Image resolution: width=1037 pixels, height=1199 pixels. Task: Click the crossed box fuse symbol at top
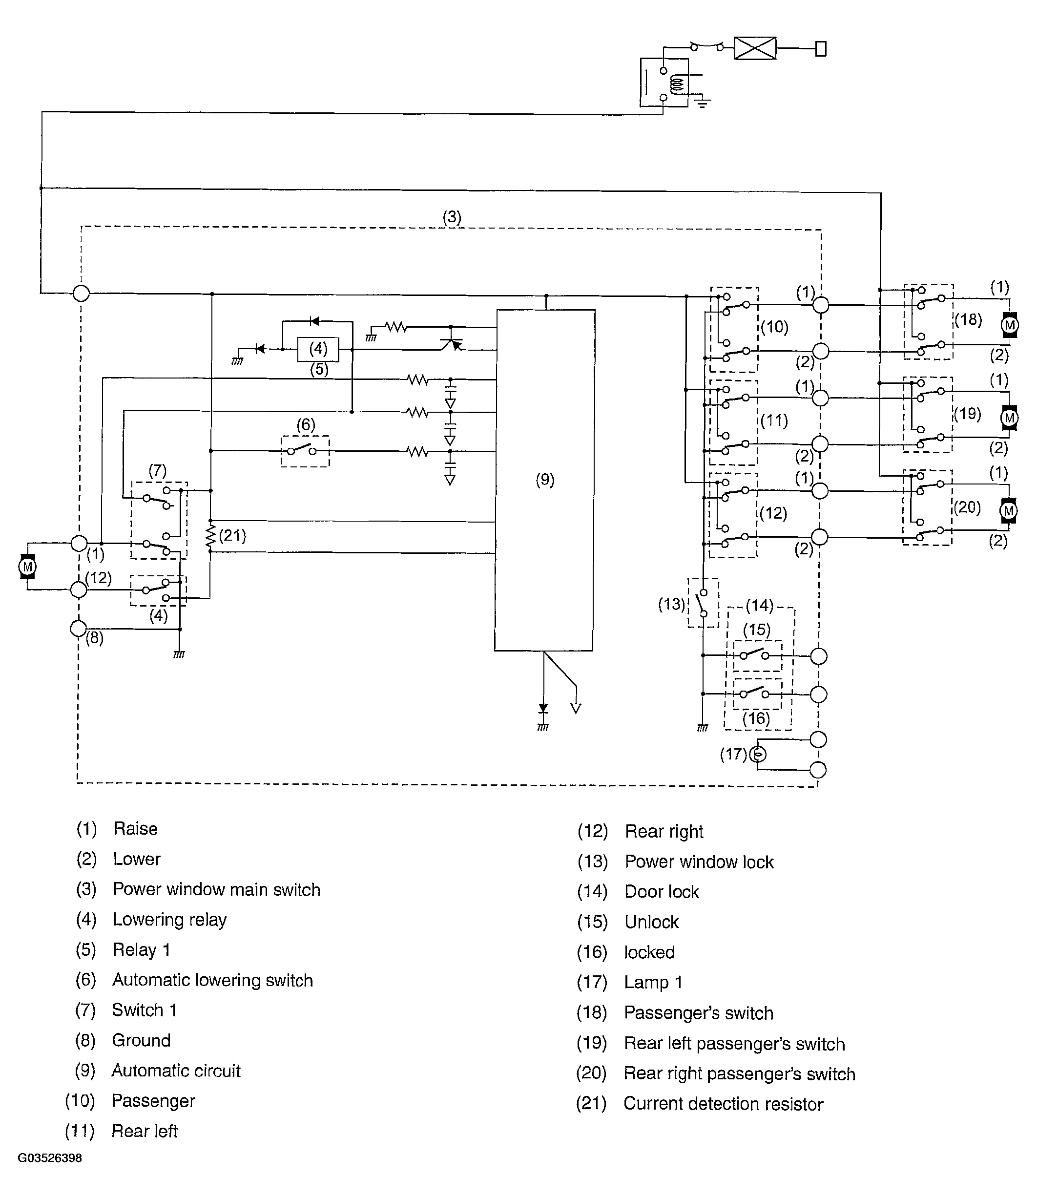pos(755,48)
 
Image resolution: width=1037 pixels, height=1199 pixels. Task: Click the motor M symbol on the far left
pos(27,566)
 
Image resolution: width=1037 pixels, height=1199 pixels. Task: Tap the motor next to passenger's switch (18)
pos(1010,325)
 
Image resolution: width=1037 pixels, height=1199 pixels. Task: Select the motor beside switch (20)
pos(1009,511)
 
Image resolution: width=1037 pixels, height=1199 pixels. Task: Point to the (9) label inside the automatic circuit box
pos(544,480)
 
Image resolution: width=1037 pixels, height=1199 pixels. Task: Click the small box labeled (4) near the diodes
pos(318,349)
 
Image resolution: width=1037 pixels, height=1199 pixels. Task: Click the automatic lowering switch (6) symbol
pos(305,451)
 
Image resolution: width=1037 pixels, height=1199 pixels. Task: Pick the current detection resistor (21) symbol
pos(210,537)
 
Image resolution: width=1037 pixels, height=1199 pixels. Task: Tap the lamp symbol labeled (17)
pos(758,755)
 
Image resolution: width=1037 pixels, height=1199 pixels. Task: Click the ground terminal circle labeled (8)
pos(78,628)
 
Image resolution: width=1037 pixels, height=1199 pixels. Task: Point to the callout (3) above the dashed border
pos(452,217)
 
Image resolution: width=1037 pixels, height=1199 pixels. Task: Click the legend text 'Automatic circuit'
pos(176,1071)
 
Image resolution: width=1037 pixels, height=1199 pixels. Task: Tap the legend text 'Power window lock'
pos(699,862)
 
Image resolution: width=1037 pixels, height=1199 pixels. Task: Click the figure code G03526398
pos(50,1158)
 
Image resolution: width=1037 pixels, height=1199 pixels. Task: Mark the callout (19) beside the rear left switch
pos(968,413)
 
